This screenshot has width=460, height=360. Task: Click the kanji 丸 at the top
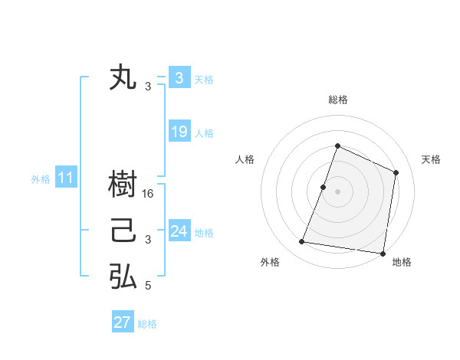pos(123,78)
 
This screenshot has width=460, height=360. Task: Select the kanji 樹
pos(123,184)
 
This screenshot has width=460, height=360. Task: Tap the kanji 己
pos(123,231)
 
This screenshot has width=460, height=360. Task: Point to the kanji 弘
pos(123,277)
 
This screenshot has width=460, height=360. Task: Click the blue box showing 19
pos(179,132)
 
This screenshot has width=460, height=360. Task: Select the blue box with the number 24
pos(179,231)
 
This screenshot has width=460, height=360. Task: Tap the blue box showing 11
pos(65,178)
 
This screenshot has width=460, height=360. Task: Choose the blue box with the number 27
pos(123,322)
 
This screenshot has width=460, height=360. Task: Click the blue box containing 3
pos(179,78)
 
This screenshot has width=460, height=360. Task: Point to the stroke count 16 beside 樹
pos(149,194)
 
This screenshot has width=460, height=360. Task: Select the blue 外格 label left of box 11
pos(41,179)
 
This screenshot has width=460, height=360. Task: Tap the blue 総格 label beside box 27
pos(147,323)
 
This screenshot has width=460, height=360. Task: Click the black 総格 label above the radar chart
pos(337,100)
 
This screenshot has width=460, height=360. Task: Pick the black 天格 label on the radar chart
pos(431,159)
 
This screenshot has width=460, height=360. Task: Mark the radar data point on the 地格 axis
pos(382,253)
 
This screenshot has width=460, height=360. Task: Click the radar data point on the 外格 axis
pos(302,242)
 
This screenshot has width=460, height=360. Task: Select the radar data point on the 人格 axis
pos(324,187)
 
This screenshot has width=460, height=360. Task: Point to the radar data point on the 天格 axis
pos(396,172)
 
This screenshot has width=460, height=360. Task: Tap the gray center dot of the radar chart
pos(337,191)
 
